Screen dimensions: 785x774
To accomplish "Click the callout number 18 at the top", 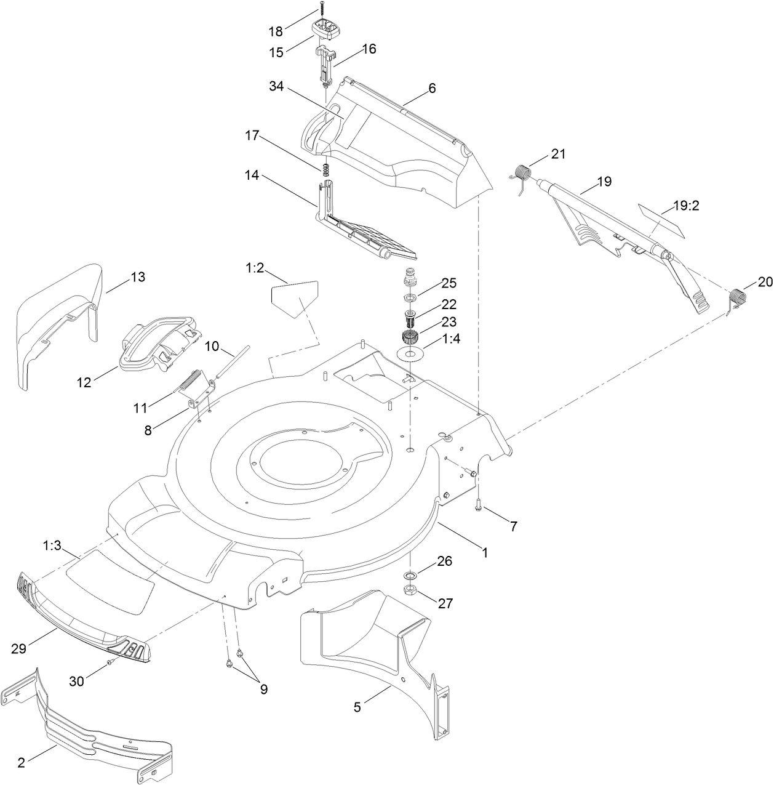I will [276, 31].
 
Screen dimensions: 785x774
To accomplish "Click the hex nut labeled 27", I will [410, 591].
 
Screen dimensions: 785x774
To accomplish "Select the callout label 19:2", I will [685, 206].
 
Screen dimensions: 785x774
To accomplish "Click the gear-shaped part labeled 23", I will [409, 338].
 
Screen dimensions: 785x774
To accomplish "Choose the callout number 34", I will [277, 87].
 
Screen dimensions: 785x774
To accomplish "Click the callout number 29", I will [20, 648].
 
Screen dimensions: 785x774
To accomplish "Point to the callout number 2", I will [22, 763].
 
